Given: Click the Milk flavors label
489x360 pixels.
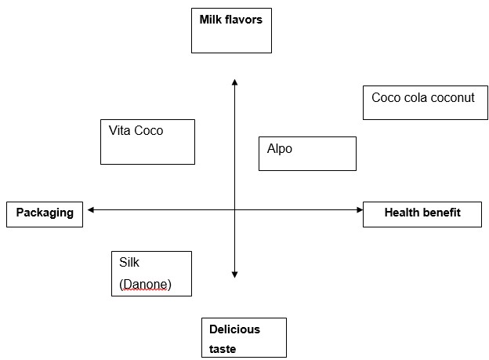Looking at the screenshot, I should point(230,20).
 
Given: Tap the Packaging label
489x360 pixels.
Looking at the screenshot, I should point(45,213).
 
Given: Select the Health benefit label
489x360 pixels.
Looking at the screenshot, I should point(422,213).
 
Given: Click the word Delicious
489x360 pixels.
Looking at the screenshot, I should point(234,329).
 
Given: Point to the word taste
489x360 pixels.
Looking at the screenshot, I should point(223,349).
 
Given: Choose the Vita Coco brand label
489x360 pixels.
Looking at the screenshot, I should point(136,131).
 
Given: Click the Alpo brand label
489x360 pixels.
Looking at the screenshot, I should point(280,148).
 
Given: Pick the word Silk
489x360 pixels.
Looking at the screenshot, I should point(129,263).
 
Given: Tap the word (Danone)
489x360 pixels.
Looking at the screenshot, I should point(145,285).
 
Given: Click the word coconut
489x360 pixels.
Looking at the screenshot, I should point(450,98).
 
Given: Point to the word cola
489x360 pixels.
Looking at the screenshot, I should point(415,98).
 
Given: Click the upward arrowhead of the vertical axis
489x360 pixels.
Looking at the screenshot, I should point(234,81).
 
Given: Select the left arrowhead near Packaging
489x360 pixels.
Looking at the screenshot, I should point(92,209).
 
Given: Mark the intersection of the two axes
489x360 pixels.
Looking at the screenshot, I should point(234,209).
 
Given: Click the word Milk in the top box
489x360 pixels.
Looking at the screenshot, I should point(212,20).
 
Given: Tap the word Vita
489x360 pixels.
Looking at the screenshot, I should point(121,131).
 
